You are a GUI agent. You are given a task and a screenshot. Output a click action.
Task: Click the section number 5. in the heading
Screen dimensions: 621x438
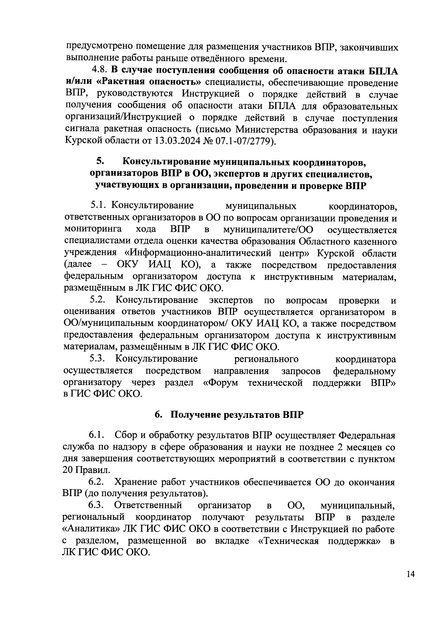(x=101, y=161)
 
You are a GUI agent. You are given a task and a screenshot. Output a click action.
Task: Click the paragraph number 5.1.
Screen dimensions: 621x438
(x=99, y=206)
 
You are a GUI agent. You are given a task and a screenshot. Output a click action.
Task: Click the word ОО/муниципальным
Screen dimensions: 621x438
(x=108, y=324)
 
